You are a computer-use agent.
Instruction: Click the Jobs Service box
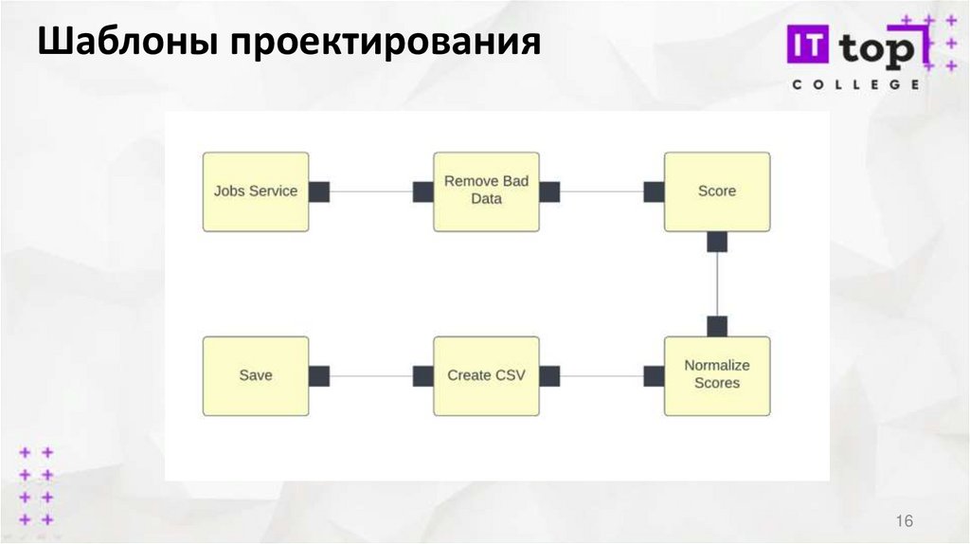tap(256, 191)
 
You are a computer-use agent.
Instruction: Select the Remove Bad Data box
tap(486, 191)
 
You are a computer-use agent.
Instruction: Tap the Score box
tap(717, 191)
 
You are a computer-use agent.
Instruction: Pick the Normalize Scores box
tap(717, 375)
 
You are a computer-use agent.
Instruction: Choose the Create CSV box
tap(486, 375)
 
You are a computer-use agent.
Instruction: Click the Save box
tap(256, 375)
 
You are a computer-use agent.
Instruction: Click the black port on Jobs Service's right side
tap(319, 191)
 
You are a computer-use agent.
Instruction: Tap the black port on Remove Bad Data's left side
tap(423, 191)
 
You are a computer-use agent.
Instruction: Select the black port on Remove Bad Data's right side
tap(549, 191)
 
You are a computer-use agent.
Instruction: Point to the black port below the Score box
tap(717, 242)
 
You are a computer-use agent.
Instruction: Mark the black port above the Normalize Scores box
tap(717, 326)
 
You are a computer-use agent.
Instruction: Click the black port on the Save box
tap(319, 375)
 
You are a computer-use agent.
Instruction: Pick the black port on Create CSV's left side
tap(423, 375)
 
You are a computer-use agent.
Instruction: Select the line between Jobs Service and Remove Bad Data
tap(371, 191)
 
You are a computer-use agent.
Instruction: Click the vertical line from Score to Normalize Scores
tap(717, 284)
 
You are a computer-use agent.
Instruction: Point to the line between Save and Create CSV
tap(371, 375)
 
